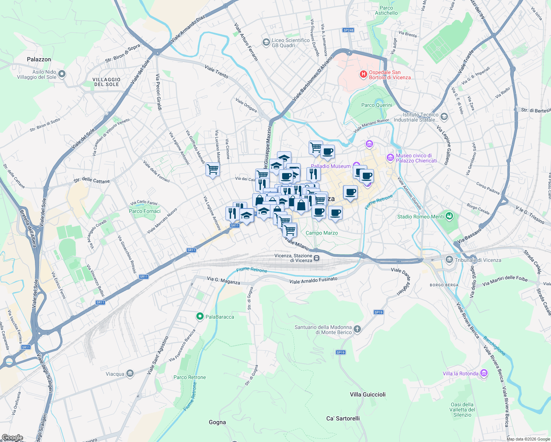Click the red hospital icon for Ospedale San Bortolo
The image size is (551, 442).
pyautogui.click(x=363, y=75)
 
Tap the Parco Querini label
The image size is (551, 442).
pyautogui.click(x=376, y=105)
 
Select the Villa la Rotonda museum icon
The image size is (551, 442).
pyautogui.click(x=484, y=373)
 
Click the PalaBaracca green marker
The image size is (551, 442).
pyautogui.click(x=200, y=316)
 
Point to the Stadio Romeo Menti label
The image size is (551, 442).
pyautogui.click(x=420, y=217)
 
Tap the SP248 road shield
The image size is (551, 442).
pyautogui.click(x=348, y=30)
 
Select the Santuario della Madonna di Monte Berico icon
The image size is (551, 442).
pyautogui.click(x=357, y=329)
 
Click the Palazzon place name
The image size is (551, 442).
pyautogui.click(x=39, y=59)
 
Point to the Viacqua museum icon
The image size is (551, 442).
pyautogui.click(x=130, y=374)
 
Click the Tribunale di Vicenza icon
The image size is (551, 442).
pyautogui.click(x=449, y=260)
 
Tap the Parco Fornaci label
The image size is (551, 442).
pyautogui.click(x=145, y=211)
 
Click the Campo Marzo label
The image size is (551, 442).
pyautogui.click(x=322, y=233)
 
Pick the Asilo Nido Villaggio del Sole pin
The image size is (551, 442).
pyautogui.click(x=62, y=74)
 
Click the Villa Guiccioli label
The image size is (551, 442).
pyautogui.click(x=368, y=394)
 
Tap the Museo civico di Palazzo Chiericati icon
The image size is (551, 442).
pyautogui.click(x=390, y=158)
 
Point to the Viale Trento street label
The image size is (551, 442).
pyautogui.click(x=216, y=71)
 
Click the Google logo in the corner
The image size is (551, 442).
pyautogui.click(x=12, y=438)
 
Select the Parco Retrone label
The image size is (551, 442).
pyautogui.click(x=190, y=377)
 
